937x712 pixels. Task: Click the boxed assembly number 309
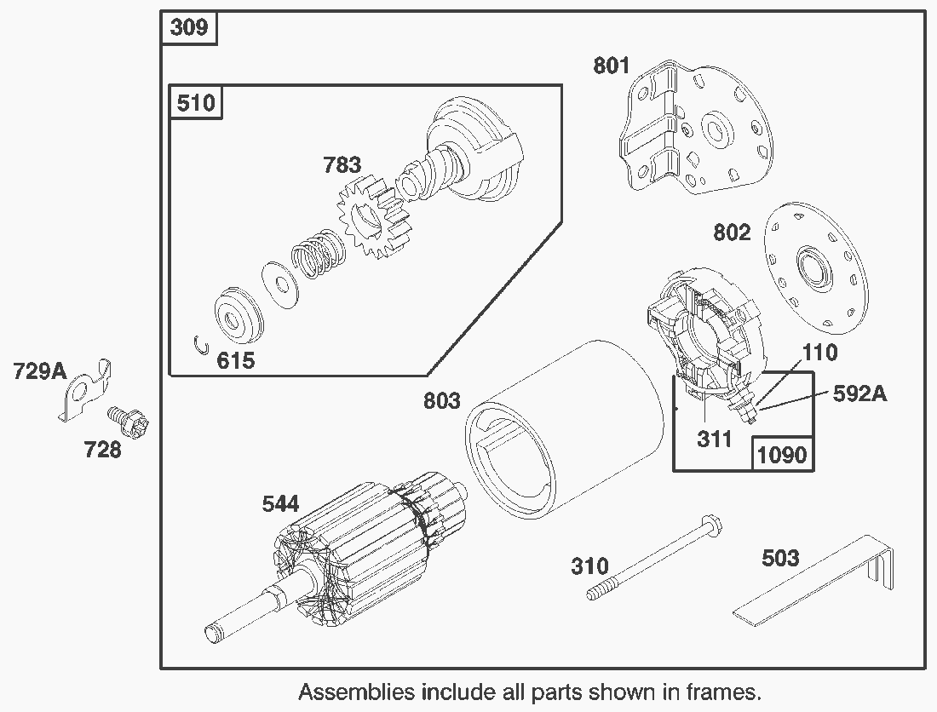tap(189, 27)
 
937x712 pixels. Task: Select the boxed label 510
tap(196, 103)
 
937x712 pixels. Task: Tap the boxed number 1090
tap(781, 454)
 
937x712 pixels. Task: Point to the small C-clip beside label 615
tap(201, 345)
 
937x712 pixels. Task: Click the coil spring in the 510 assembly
tap(315, 253)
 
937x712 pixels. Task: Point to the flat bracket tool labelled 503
tap(818, 588)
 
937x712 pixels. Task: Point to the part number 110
tap(819, 352)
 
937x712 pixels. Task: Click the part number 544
tap(280, 504)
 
